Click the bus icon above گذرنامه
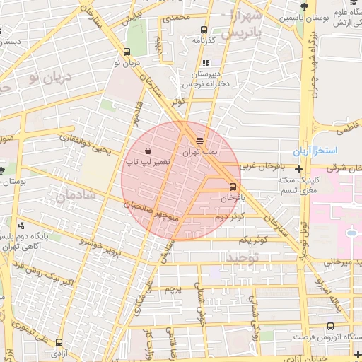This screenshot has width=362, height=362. click(x=204, y=30)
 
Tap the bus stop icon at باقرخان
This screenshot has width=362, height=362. click(x=233, y=186)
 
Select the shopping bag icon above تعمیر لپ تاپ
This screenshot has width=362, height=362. click(x=147, y=151)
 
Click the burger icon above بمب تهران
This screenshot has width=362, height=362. click(x=199, y=141)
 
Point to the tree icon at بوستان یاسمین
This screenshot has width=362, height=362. click(x=303, y=6)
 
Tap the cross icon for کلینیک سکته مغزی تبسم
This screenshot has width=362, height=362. click(x=299, y=170)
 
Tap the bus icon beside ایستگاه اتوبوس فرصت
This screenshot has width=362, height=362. click(x=331, y=326)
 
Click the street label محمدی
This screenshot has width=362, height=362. click(x=177, y=17)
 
